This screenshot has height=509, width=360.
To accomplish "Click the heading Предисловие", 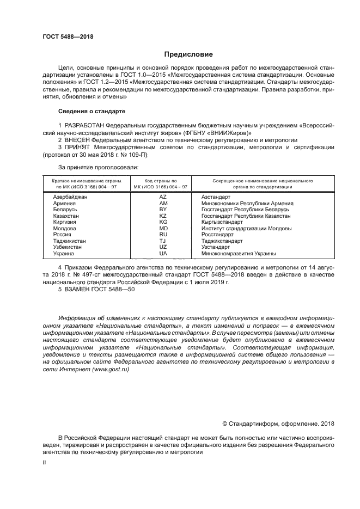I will pyautogui.click(x=188, y=54).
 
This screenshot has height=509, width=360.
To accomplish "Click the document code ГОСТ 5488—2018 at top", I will pyautogui.click(x=68, y=36).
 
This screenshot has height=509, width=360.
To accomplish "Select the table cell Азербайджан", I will pyautogui.click(x=71, y=196).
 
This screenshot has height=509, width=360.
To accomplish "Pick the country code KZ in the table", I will pyautogui.click(x=163, y=216).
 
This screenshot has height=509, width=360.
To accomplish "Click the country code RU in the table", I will pyautogui.click(x=163, y=235).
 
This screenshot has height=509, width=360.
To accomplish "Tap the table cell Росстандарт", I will pyautogui.click(x=217, y=235).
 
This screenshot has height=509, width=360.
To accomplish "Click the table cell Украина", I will pyautogui.click(x=65, y=253).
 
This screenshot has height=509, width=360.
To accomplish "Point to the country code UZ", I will pyautogui.click(x=163, y=247).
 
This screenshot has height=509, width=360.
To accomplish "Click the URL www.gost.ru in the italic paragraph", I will pyautogui.click(x=111, y=369).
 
